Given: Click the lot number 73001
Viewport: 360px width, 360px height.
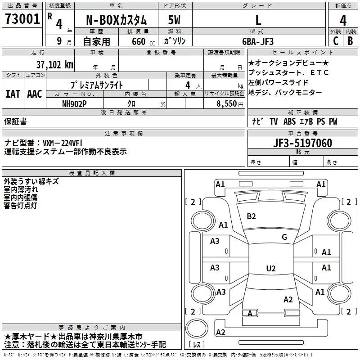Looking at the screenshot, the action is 22,19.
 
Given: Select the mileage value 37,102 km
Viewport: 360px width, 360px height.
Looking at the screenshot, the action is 54,65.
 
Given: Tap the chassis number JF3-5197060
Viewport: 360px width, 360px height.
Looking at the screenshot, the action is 302,143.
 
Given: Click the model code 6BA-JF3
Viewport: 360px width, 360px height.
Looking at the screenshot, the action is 258,41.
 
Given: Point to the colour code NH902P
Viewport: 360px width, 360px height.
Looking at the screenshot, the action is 74,104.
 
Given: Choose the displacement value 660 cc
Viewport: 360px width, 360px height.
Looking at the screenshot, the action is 143,41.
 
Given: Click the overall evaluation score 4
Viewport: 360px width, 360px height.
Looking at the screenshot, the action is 343,21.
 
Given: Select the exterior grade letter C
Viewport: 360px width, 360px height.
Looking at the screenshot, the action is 336,41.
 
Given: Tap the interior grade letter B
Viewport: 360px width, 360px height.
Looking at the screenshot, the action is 351,41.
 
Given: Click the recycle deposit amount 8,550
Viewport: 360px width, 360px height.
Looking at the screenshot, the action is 227,104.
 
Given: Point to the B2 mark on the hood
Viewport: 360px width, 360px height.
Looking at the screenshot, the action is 251,216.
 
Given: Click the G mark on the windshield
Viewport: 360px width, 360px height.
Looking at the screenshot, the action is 284,237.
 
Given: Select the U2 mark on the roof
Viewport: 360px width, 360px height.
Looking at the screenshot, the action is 271,268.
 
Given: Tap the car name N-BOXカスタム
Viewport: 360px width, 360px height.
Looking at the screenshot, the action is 116,20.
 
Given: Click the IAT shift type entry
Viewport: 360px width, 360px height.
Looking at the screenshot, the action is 13,94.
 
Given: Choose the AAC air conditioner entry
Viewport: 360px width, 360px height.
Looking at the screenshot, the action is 35,94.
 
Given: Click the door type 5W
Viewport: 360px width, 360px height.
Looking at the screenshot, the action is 174,20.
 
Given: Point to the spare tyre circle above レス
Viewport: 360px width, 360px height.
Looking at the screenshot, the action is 197,328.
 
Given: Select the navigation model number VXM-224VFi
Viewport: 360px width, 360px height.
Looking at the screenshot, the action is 63,143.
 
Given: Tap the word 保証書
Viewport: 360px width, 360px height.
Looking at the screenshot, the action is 15,121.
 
